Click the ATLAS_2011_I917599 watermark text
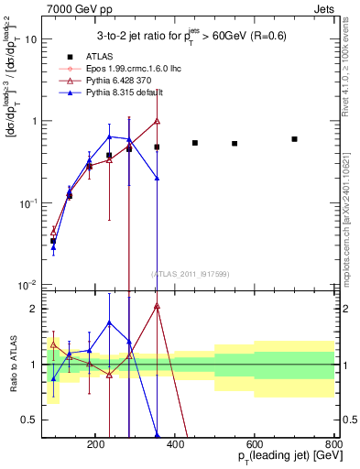190,274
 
